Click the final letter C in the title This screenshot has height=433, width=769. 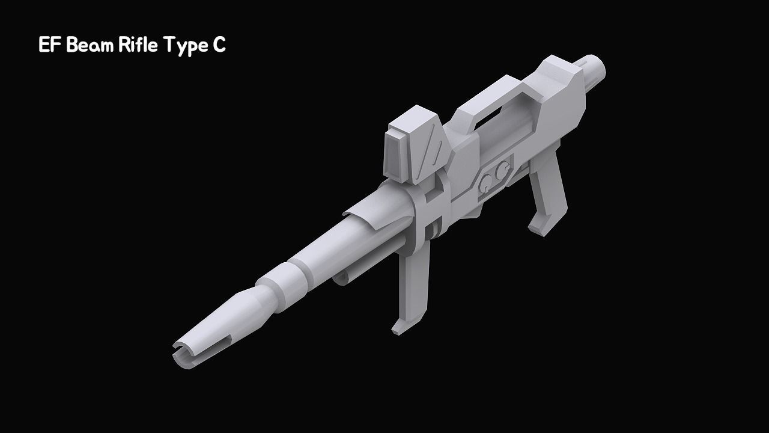219,46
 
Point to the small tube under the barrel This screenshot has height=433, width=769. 341,277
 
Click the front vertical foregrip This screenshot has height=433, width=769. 413,283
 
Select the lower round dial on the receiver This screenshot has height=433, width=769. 486,180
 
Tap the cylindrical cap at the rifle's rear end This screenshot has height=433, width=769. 594,67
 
